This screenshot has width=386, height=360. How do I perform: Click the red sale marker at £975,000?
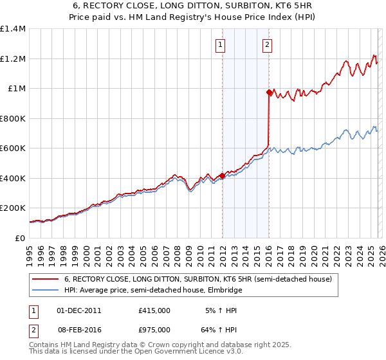click(x=269, y=93)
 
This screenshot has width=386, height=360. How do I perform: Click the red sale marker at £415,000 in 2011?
click(x=222, y=175)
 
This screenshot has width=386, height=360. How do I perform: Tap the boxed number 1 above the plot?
click(x=221, y=44)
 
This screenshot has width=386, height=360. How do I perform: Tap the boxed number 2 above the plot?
click(x=267, y=44)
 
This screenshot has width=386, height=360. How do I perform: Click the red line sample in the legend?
click(x=44, y=280)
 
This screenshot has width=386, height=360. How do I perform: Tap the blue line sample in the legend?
click(x=44, y=291)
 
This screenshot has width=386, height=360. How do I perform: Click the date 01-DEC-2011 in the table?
click(x=79, y=310)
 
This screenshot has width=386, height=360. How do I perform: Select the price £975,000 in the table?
click(x=154, y=329)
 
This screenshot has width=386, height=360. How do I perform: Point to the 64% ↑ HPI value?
click(x=223, y=329)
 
